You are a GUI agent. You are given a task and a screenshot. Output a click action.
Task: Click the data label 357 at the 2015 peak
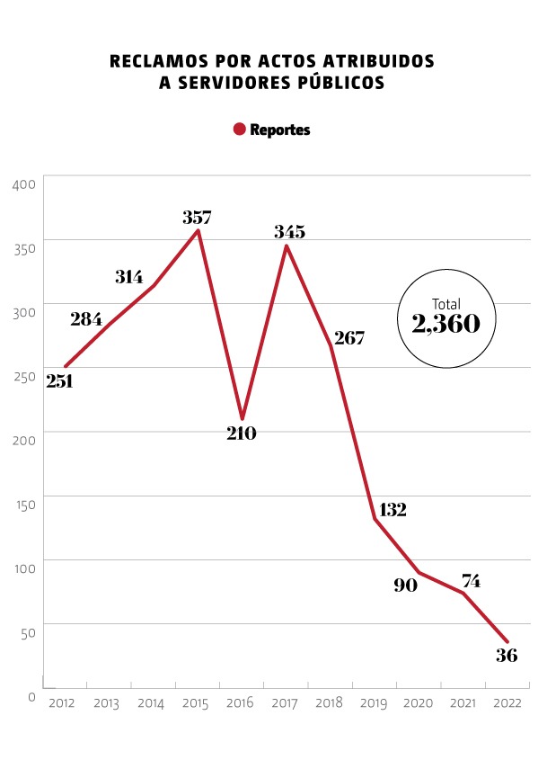point(197,217)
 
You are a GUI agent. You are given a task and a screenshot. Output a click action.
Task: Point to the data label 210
point(242,434)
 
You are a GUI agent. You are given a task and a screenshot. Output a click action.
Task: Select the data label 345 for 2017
point(290,232)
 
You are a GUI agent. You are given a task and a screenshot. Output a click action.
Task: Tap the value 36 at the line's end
point(507,655)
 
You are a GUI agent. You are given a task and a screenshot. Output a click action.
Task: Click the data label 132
point(393,510)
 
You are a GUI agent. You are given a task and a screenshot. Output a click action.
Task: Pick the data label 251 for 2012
point(59,380)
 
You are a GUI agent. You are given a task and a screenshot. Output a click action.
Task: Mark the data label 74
point(470,581)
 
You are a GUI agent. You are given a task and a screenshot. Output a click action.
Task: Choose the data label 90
point(406,585)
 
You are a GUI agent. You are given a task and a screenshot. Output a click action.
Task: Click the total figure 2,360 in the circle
point(446,324)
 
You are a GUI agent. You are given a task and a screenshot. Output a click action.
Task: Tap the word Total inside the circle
point(446,304)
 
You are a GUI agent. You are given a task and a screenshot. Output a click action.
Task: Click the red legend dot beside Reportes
point(240,130)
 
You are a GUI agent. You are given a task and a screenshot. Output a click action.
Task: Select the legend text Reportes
point(280,130)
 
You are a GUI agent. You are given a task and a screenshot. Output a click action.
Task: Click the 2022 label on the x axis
point(507,702)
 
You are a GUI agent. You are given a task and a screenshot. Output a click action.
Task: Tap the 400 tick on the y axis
point(24,184)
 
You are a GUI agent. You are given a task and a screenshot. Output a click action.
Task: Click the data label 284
point(86,318)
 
